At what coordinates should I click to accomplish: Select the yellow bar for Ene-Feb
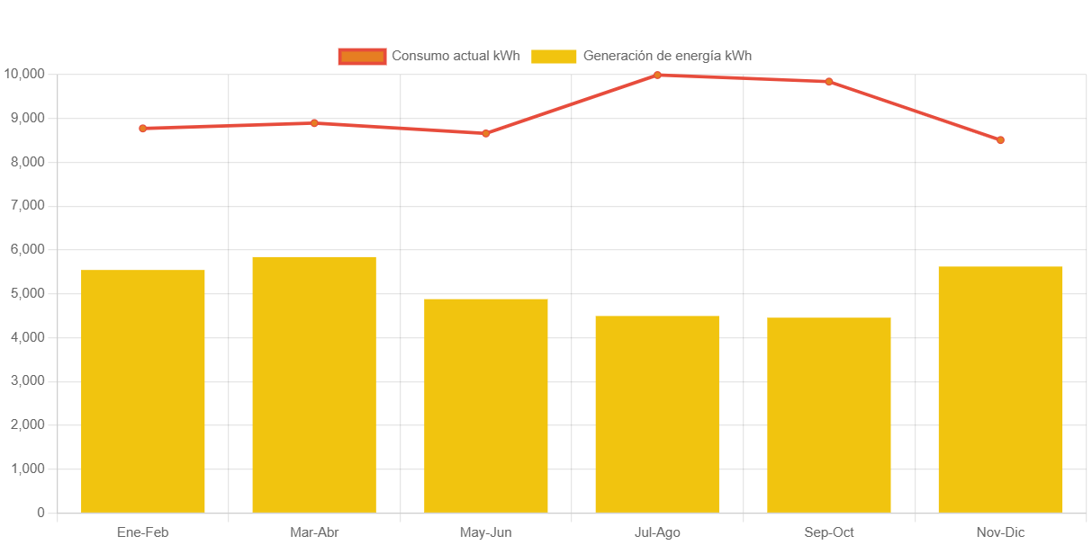pos(143,391)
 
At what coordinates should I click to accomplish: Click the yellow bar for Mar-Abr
pos(314,385)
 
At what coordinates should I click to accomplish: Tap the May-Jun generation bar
pos(486,406)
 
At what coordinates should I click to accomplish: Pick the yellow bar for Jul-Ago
pos(657,415)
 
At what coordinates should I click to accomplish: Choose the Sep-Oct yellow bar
pos(829,415)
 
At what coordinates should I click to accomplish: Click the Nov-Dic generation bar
pos(1000,389)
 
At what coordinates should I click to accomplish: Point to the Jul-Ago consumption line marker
pos(657,75)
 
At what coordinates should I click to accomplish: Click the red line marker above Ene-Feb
pos(143,129)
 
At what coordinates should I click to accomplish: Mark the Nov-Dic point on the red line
pos(1000,140)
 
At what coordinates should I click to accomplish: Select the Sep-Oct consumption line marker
pos(829,82)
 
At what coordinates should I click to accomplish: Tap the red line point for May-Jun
pos(486,133)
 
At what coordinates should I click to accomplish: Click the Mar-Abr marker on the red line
pos(314,123)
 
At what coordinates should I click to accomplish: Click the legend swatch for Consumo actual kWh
pos(362,57)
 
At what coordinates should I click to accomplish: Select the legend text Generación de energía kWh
pos(667,56)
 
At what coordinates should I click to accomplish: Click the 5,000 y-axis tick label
pos(27,293)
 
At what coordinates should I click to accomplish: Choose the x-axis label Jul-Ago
pos(657,532)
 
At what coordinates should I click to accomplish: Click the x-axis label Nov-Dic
pos(1000,532)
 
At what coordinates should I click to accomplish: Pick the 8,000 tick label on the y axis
pos(27,162)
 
